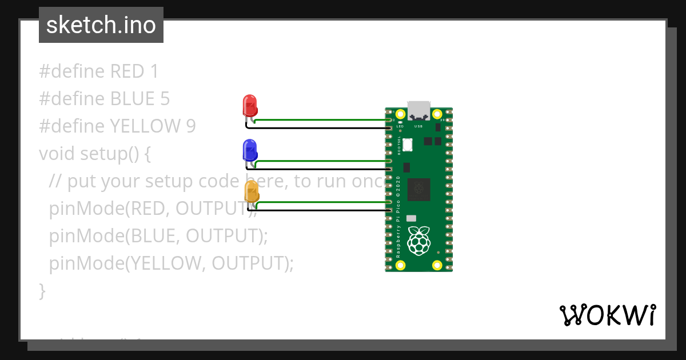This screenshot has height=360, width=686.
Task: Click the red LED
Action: point(250,106)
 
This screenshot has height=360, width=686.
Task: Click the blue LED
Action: point(250,150)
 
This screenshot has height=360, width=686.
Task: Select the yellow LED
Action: point(252,191)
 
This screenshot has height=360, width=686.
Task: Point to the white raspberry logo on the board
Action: point(418,241)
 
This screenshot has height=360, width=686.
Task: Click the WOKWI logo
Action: point(607,315)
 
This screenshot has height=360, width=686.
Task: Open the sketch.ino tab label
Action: point(101,25)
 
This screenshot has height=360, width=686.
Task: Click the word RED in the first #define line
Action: point(127,71)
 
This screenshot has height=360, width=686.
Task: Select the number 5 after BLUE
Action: point(165,99)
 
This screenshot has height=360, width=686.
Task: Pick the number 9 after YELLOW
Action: point(191,126)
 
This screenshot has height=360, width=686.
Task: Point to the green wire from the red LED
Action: point(320,120)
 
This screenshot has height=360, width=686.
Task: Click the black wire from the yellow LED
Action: point(320,210)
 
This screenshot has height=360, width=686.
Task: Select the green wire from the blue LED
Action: point(320,161)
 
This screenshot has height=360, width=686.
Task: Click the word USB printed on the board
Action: point(418,126)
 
